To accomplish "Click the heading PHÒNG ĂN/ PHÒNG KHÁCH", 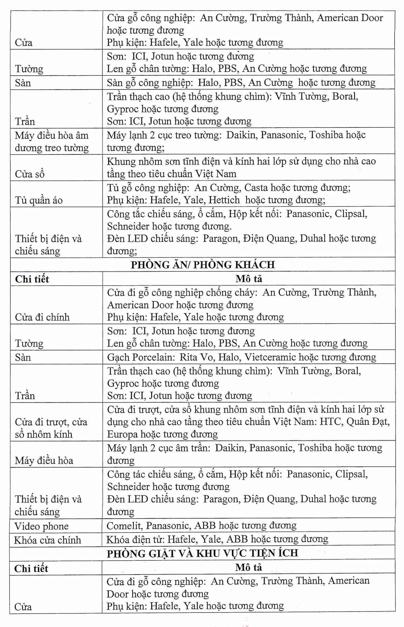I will (203, 265).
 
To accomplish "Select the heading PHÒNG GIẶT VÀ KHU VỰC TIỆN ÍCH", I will (202, 553).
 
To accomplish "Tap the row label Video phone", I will (41, 526).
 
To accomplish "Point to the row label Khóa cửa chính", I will (47, 540).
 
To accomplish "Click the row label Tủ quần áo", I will (39, 200).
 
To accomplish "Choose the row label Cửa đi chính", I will (42, 317).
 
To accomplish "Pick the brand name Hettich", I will (224, 200).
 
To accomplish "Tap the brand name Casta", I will (256, 187).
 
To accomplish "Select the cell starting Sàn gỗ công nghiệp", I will (241, 82).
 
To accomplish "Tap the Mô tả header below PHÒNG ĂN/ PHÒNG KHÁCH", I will (248, 279).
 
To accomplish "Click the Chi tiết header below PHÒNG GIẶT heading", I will (31, 568).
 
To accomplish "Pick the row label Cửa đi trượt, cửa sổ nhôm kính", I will (51, 428).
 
